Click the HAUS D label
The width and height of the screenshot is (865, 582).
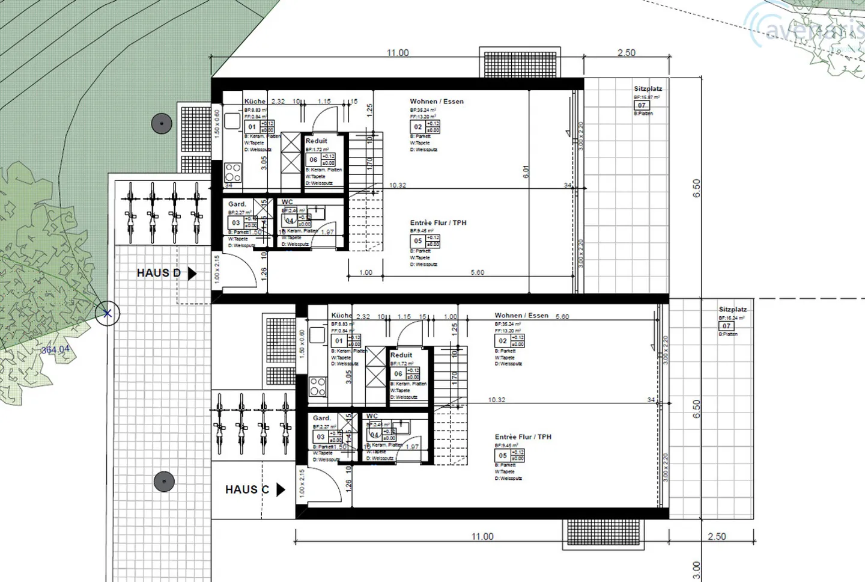[159, 273]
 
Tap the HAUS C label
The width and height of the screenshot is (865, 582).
[247, 489]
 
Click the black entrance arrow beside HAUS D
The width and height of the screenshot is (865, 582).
[192, 274]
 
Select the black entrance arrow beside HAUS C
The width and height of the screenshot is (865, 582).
[281, 489]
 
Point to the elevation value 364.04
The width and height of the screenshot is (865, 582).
[55, 349]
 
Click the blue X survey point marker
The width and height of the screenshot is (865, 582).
[108, 313]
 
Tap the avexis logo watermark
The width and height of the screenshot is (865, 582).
[805, 27]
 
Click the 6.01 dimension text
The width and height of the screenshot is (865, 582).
[526, 172]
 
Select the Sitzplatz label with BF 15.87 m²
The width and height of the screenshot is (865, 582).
[648, 89]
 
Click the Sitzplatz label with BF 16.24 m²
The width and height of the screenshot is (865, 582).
[732, 310]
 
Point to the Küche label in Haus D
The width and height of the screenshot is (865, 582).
[255, 102]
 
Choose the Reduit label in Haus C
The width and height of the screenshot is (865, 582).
[401, 355]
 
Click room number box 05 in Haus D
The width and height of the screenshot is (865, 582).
[418, 241]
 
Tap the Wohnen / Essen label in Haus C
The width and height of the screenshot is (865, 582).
[521, 316]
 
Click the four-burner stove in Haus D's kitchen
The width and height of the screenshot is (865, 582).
[233, 172]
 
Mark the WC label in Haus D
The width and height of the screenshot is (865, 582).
[287, 202]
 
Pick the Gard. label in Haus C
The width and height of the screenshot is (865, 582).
[322, 418]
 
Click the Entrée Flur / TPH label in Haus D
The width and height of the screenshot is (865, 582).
[438, 223]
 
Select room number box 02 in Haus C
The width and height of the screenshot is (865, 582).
[503, 341]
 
